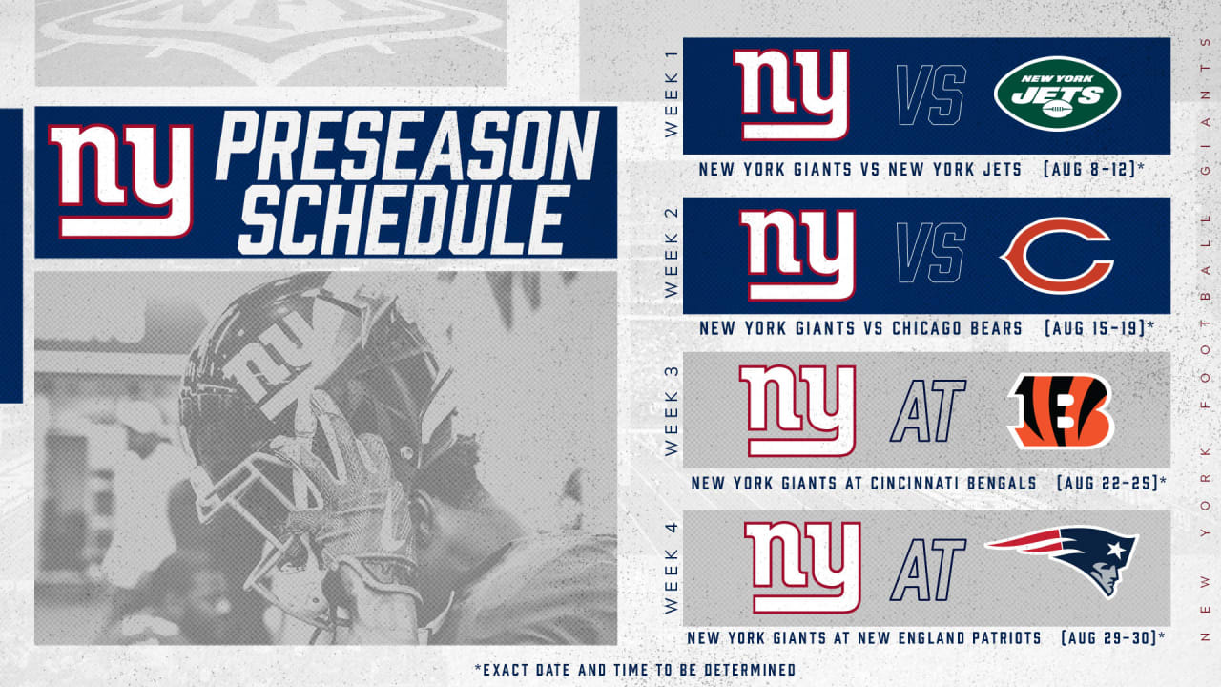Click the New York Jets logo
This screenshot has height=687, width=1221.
1057,94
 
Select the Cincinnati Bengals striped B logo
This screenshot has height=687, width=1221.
1060,411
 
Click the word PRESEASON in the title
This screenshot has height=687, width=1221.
407,146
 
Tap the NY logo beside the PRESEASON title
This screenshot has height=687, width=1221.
121,181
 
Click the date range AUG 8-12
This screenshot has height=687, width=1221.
1093,169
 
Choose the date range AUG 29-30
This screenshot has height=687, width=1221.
1113,638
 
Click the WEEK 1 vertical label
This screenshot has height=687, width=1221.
672,94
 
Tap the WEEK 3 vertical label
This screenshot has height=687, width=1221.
672,411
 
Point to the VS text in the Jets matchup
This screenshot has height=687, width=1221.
931,94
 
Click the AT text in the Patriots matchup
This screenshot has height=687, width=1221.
928,570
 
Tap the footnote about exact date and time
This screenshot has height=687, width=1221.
635,670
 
